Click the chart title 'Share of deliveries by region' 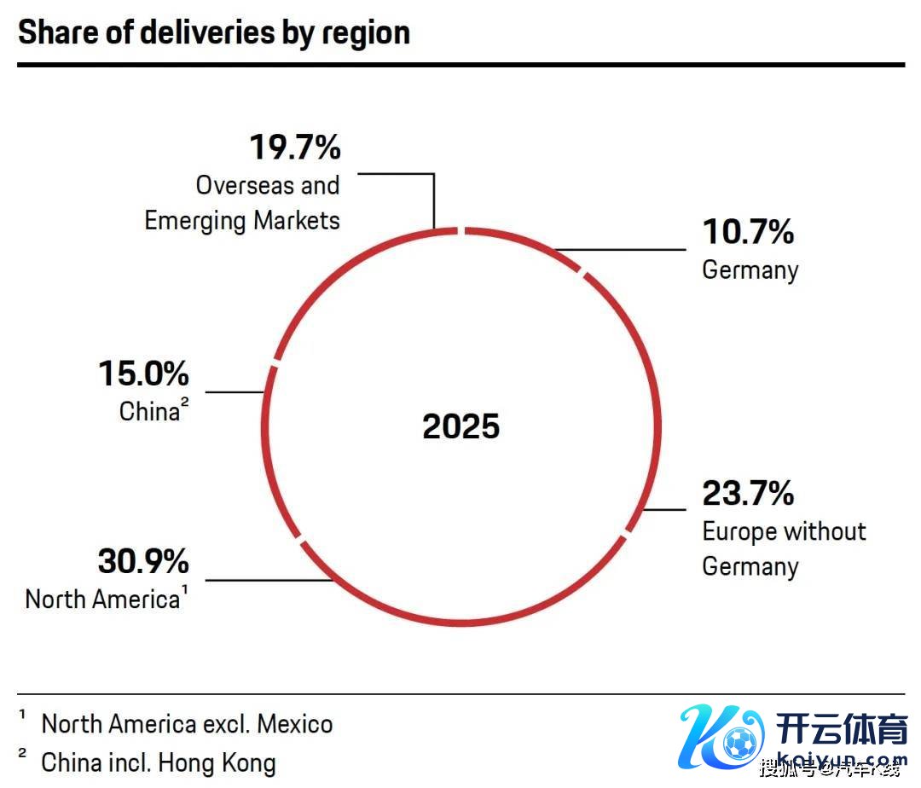(214, 32)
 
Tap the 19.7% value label (295, 148)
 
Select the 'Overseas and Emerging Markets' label (242, 203)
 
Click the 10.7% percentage (748, 232)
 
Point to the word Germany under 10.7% (750, 270)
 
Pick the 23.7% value (748, 494)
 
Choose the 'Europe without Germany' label (783, 548)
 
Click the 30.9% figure (143, 562)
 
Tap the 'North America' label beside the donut (102, 600)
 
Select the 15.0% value (143, 374)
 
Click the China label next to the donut (149, 412)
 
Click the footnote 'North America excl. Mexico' (187, 725)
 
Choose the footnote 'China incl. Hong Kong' (159, 762)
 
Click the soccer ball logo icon (739, 744)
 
